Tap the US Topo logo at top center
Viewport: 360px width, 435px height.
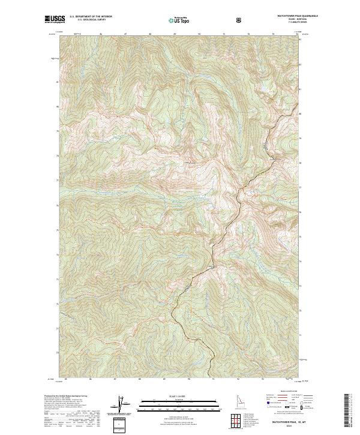click(176, 20)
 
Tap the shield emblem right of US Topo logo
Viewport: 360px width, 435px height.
click(240, 20)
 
